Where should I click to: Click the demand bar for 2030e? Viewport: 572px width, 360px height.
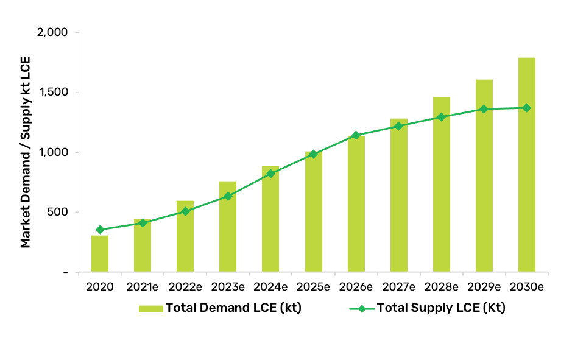(526, 164)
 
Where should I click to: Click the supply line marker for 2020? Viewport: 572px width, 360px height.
(100, 230)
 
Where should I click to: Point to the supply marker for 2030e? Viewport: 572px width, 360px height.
(526, 108)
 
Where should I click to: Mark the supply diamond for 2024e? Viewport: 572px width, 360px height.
(270, 174)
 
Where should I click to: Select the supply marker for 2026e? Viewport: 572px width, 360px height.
(356, 135)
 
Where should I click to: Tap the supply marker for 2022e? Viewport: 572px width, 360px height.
(185, 211)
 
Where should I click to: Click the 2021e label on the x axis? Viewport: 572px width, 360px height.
(143, 286)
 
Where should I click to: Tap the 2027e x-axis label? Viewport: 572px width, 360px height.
(398, 286)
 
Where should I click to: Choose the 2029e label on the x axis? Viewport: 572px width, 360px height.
(484, 286)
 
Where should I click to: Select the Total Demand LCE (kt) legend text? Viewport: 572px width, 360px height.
(233, 308)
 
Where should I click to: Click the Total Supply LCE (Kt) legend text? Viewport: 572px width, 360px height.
(441, 308)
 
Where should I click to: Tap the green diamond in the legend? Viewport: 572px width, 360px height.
(361, 309)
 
